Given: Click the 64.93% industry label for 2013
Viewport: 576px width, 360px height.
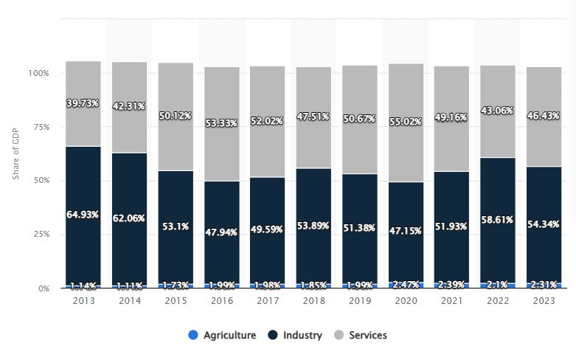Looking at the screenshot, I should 83,215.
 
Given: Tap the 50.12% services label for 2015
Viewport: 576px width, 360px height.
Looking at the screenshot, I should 176,116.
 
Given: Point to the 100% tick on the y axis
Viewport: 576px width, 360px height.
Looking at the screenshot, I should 38,74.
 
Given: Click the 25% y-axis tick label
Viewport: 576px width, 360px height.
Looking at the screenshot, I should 41,235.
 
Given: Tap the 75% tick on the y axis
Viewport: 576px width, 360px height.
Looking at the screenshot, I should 41,127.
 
